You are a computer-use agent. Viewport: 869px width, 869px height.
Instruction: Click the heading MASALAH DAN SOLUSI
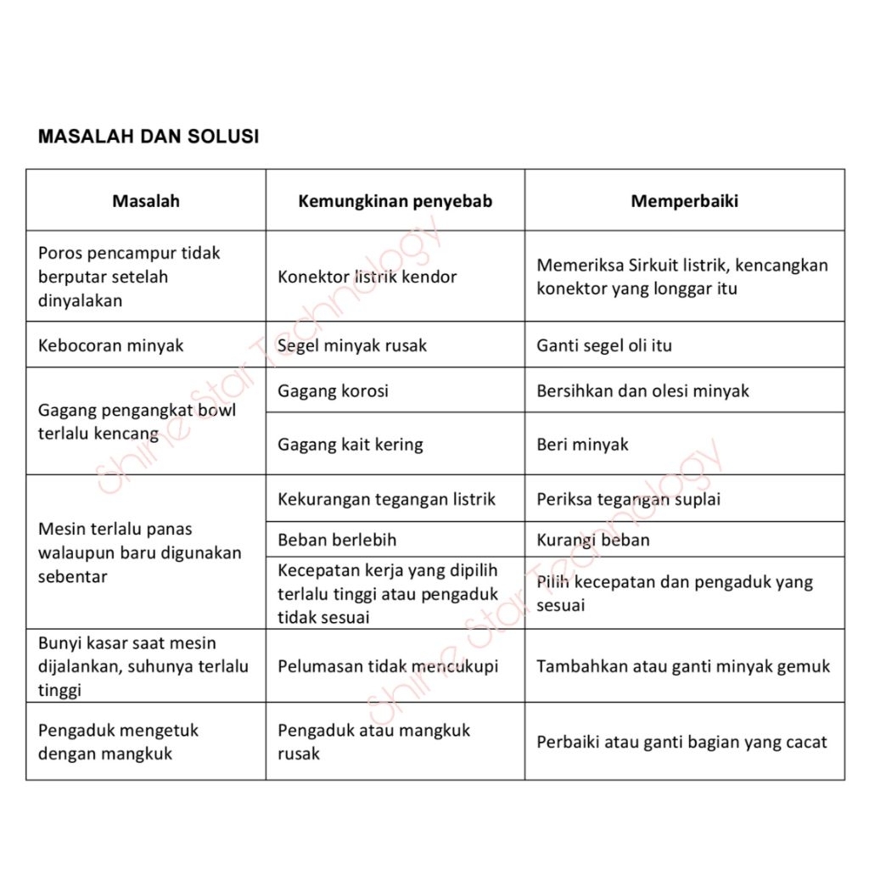pyautogui.click(x=149, y=137)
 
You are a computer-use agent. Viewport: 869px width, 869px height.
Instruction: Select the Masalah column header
pyautogui.click(x=146, y=201)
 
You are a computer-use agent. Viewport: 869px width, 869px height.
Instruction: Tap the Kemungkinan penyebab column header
pyautogui.click(x=395, y=201)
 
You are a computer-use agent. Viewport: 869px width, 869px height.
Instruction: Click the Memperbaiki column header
pyautogui.click(x=684, y=201)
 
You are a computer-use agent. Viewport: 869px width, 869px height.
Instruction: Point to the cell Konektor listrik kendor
pyautogui.click(x=367, y=277)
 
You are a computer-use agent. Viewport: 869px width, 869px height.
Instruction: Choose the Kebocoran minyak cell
pyautogui.click(x=111, y=345)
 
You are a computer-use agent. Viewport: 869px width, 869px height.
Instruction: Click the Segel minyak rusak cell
pyautogui.click(x=352, y=345)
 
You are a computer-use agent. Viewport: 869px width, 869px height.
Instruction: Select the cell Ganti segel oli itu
pyautogui.click(x=604, y=345)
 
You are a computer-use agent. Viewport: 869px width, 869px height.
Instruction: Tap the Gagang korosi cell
pyautogui.click(x=333, y=390)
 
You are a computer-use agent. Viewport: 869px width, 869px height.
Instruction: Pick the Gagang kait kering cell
pyautogui.click(x=350, y=445)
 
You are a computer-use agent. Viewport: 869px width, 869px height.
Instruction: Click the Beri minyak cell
pyautogui.click(x=582, y=445)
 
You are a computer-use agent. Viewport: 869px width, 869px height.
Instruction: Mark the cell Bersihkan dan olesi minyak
pyautogui.click(x=642, y=390)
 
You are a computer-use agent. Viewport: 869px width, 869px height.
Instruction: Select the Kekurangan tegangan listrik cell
pyautogui.click(x=386, y=499)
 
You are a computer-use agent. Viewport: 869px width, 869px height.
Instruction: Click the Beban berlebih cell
pyautogui.click(x=337, y=540)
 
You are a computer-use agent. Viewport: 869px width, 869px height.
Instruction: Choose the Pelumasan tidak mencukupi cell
pyautogui.click(x=387, y=666)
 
